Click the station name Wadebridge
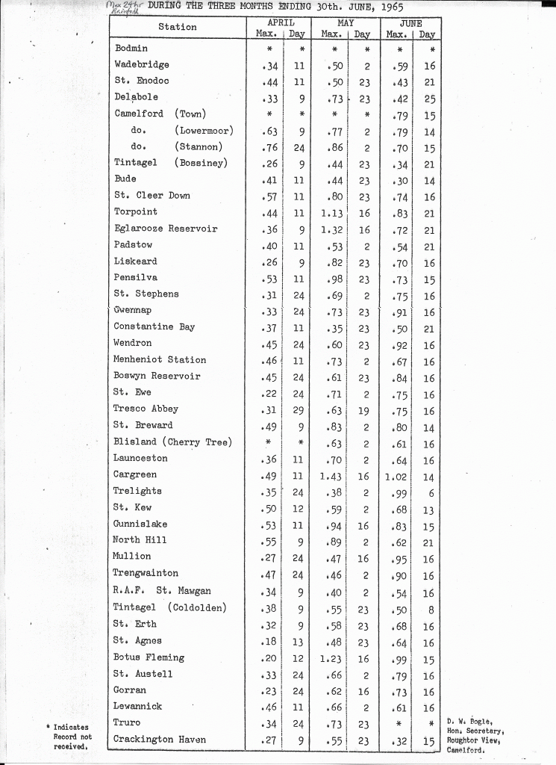pos(142,65)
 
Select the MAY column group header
pos(346,23)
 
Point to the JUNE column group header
pos(411,23)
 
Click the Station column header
pos(178,28)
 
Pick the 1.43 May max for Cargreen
pos(331,475)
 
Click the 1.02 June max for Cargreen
pos(397,475)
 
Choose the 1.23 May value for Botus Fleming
pos(331,658)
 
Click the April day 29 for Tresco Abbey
pos(298,409)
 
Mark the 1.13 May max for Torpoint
pos(331,212)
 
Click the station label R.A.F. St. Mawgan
pos(162,592)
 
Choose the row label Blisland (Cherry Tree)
pos(172,442)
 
